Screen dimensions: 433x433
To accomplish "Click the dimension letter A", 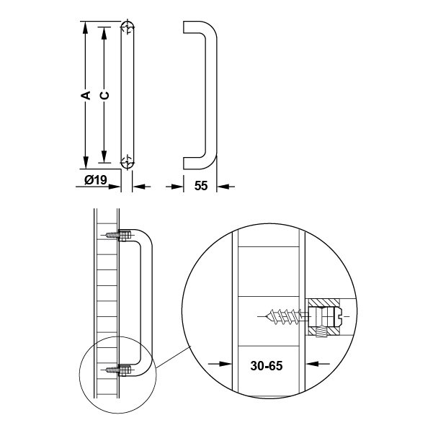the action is click(x=86, y=94).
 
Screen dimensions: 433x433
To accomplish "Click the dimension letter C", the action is click(x=104, y=95).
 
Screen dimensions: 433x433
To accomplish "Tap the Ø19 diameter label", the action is click(x=96, y=180).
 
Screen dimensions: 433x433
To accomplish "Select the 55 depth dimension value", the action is click(x=201, y=186).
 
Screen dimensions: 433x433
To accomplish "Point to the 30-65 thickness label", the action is click(x=267, y=365).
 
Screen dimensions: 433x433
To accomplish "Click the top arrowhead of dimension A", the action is click(x=86, y=27).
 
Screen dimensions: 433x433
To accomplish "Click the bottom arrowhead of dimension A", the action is click(x=86, y=163).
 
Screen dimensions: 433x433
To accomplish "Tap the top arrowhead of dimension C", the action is click(x=104, y=33).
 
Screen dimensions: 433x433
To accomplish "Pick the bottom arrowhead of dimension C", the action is click(x=104, y=157).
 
